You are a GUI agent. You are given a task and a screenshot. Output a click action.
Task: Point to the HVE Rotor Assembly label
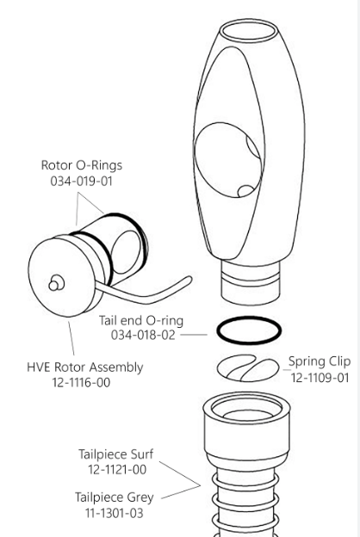(72, 367)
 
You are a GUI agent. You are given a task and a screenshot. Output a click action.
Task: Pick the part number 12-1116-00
(72, 381)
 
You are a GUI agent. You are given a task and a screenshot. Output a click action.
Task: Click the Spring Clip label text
(319, 361)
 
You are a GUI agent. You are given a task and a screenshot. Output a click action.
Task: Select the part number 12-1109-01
(320, 377)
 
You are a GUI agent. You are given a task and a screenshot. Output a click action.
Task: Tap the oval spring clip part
(245, 367)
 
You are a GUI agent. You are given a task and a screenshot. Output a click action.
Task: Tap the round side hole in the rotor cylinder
(132, 244)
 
